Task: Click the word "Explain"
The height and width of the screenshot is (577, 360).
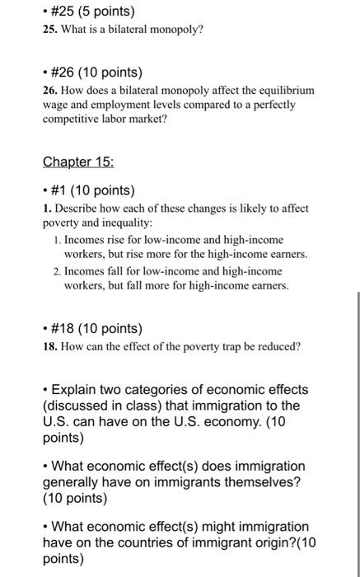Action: click(x=80, y=389)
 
